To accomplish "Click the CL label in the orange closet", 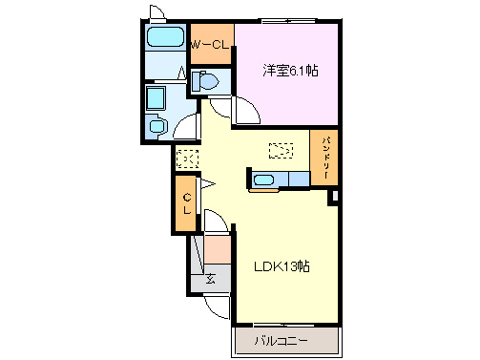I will point(188,203).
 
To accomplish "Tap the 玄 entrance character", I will point(211,280).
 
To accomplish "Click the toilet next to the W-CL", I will point(202,82).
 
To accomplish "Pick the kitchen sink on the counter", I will point(264,180).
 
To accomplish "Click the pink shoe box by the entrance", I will point(218,251).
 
